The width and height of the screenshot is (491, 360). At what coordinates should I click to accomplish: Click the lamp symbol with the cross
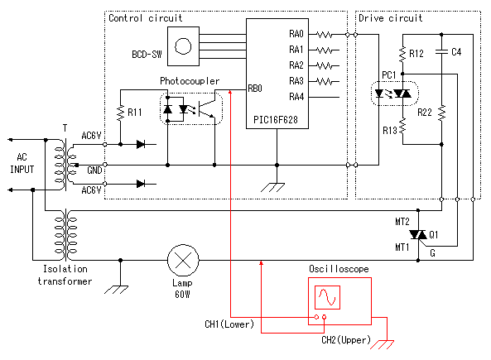[183, 260]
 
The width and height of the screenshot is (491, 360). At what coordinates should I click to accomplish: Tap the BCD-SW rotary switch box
[183, 46]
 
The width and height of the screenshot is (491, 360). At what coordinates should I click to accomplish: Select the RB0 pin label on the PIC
[254, 89]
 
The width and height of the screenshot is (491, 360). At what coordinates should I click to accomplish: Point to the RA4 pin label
[296, 97]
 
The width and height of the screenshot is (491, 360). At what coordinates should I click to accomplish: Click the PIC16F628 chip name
[276, 119]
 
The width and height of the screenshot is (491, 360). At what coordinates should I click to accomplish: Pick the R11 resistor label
[135, 112]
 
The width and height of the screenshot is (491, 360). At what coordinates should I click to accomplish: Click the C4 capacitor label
[456, 52]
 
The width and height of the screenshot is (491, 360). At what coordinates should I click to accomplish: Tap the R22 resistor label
[425, 112]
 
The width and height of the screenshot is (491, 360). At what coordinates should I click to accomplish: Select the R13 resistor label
[390, 130]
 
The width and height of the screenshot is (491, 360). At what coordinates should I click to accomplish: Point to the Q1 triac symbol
[418, 235]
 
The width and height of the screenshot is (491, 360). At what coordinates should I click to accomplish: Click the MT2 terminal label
[402, 222]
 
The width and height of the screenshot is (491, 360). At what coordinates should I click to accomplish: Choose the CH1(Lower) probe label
[229, 324]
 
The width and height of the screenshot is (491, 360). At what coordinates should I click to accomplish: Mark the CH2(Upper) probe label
[346, 339]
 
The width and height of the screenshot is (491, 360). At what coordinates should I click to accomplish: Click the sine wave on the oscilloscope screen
[327, 297]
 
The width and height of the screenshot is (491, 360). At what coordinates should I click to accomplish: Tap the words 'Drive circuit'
[391, 18]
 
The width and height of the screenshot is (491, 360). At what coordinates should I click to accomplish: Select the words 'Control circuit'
[145, 18]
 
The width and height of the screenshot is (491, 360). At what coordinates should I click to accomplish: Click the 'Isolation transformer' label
[65, 275]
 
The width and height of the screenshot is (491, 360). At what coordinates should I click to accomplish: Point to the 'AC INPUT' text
[22, 163]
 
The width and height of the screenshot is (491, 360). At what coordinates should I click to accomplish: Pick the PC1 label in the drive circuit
[389, 75]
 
